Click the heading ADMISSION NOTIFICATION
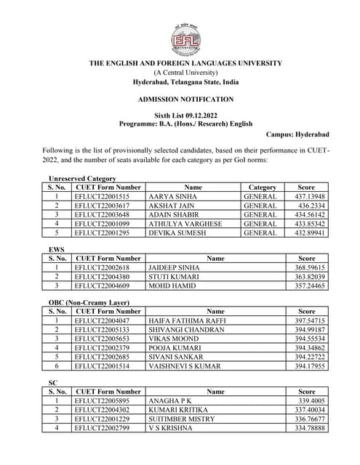[185, 99]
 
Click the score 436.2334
[311, 206]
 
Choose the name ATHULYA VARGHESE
[185, 224]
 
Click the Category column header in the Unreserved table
[263, 187]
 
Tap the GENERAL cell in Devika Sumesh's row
[260, 233]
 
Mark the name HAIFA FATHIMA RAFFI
[187, 320]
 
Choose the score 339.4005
[311, 400]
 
